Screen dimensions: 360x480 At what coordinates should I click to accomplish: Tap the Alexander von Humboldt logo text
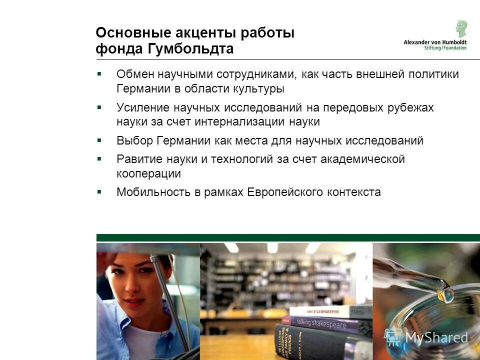pos(434,42)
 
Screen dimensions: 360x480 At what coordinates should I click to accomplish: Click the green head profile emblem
pos(460,28)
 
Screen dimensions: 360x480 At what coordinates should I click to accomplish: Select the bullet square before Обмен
pos(99,74)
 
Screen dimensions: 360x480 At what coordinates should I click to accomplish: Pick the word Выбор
pos(134,140)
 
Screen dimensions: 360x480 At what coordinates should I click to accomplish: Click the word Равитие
pos(138,159)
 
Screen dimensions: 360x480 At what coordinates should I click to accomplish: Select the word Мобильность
pos(153,192)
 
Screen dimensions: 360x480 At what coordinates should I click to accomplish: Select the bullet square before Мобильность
pos(99,191)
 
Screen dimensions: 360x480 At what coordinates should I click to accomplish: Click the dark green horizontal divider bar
pos(288,237)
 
